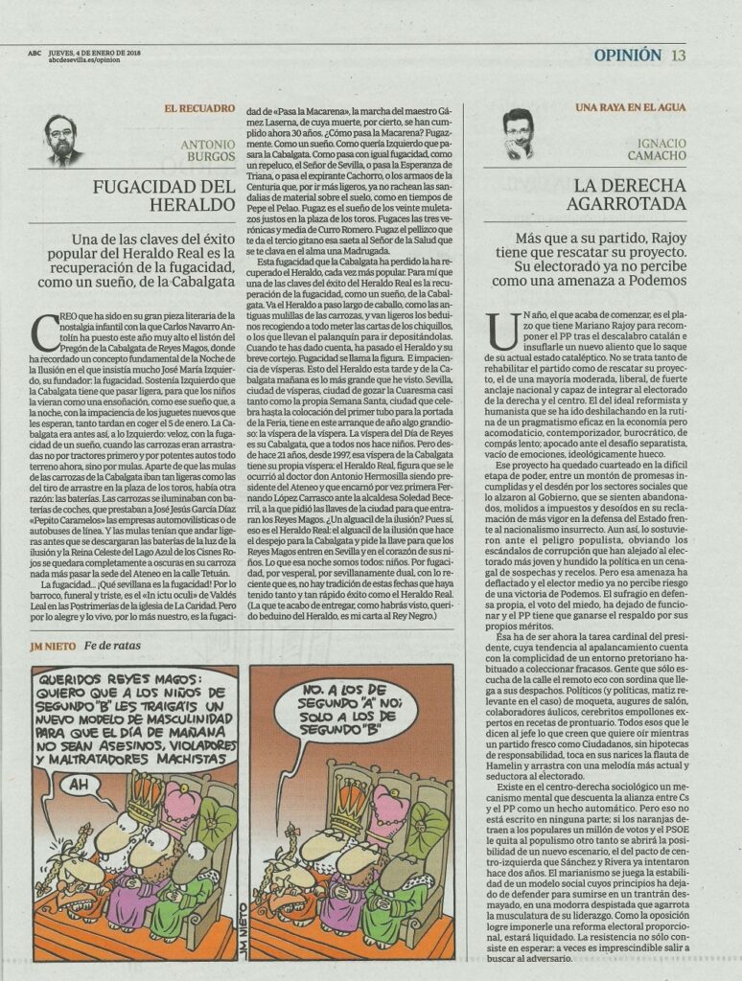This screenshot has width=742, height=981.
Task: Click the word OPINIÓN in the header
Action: tap(628, 55)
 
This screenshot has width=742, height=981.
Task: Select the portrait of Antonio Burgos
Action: tap(61, 140)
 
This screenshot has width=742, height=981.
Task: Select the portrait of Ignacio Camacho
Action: tap(518, 134)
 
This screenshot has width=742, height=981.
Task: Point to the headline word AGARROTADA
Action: tap(630, 204)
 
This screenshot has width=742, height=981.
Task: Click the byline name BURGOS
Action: tap(209, 158)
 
